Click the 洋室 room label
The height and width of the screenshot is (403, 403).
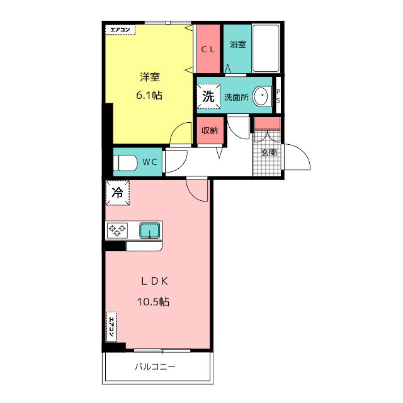click(x=150, y=77)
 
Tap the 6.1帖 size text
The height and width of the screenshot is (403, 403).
click(x=149, y=96)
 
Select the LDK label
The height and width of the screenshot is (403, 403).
click(x=155, y=281)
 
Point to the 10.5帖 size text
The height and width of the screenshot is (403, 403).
click(x=153, y=302)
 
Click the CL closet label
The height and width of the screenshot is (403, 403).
click(x=208, y=49)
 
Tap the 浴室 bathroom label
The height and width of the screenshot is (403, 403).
click(x=238, y=44)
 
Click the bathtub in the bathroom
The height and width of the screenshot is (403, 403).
click(x=266, y=48)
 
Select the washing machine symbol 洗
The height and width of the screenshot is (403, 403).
click(x=208, y=96)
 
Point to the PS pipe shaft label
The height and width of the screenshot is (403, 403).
click(x=278, y=96)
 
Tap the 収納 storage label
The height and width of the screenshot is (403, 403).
click(x=210, y=130)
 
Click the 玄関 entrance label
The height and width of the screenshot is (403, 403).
click(x=269, y=152)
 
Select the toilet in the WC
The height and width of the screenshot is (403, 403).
click(x=125, y=162)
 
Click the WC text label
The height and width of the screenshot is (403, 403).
click(x=150, y=162)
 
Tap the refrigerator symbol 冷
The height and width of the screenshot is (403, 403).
click(x=118, y=193)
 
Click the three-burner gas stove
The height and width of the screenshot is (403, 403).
click(x=117, y=230)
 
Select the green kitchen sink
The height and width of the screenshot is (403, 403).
click(x=150, y=230)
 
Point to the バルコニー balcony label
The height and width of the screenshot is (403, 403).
click(x=156, y=366)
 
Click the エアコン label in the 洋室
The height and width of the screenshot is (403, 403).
click(x=120, y=30)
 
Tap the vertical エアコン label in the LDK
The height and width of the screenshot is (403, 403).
click(x=111, y=327)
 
